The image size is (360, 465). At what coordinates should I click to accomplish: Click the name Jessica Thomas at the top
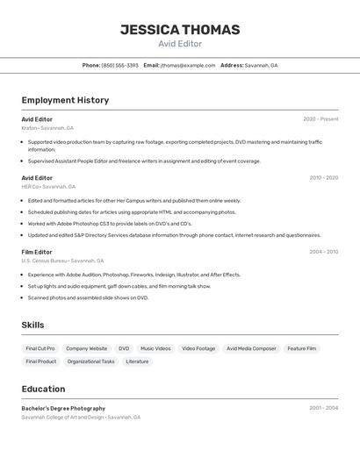(x=180, y=30)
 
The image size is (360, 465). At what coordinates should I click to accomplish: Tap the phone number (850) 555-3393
(x=119, y=65)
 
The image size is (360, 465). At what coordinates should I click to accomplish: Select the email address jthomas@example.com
(x=188, y=65)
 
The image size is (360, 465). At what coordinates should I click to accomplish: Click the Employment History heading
(x=65, y=100)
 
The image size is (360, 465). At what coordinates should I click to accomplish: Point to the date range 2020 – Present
(x=320, y=119)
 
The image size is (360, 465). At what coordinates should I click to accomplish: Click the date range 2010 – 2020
(x=323, y=178)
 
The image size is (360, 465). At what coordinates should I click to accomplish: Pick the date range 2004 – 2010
(x=323, y=252)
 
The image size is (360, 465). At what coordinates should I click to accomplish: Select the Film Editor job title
(x=37, y=252)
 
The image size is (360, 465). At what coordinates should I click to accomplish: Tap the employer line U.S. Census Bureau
(x=62, y=261)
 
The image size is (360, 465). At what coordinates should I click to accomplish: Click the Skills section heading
(x=32, y=325)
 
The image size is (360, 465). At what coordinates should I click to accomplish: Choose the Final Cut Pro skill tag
(x=40, y=348)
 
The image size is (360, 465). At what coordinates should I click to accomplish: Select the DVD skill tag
(x=124, y=348)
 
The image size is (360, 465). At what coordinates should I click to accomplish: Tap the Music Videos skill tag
(x=155, y=348)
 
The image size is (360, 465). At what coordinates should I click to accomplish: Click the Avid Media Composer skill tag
(x=251, y=348)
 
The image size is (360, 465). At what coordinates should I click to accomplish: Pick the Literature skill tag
(x=137, y=361)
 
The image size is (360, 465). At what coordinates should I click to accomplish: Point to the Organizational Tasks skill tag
(x=90, y=361)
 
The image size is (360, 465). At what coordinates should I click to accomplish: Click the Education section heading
(x=43, y=389)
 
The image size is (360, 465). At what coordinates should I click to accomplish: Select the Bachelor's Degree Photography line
(x=63, y=408)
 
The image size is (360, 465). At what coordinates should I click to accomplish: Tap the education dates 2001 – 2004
(x=323, y=408)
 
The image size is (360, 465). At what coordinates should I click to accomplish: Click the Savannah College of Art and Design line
(x=81, y=418)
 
